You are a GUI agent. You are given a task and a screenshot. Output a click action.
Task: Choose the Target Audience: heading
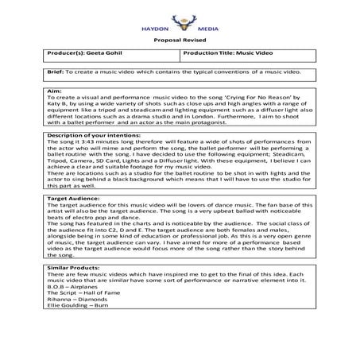pos(73,197)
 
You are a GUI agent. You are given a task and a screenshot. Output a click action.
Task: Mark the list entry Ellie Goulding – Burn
pos(79,308)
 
